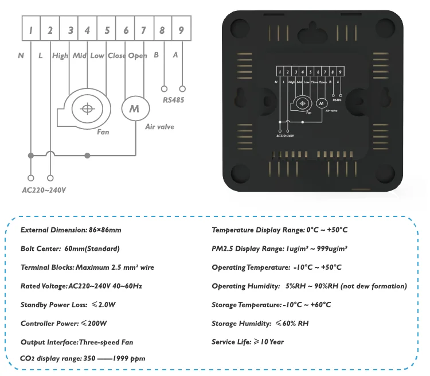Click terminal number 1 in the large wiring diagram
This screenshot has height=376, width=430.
(32, 30)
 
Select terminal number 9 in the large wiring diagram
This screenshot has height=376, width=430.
(181, 30)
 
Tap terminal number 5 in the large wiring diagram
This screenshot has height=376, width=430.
(107, 30)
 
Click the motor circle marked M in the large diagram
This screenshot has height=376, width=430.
(134, 108)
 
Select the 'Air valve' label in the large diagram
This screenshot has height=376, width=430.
(160, 127)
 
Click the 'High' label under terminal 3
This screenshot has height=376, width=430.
(60, 56)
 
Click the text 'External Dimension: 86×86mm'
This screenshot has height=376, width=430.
(71, 230)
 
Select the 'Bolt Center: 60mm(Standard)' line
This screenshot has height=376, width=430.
(70, 249)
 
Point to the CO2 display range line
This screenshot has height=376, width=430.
(83, 358)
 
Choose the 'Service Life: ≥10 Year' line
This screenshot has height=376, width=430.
(248, 342)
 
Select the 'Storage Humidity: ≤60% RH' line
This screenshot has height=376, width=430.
(260, 324)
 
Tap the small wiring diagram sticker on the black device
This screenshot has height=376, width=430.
(308, 100)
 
